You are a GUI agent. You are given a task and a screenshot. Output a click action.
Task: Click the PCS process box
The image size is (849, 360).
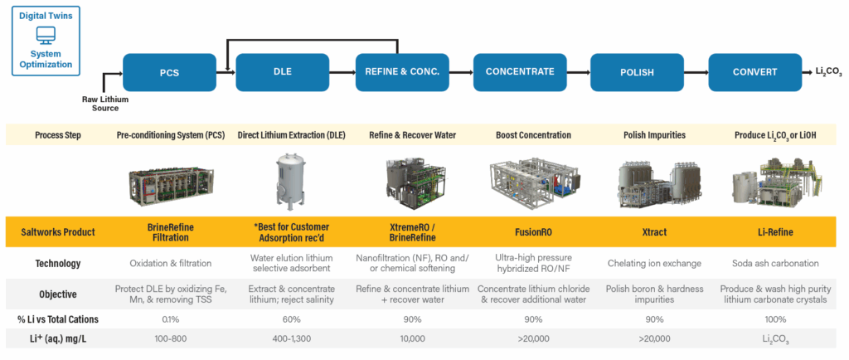pyautogui.click(x=168, y=72)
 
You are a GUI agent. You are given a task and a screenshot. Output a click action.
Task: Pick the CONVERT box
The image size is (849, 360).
pyautogui.click(x=754, y=72)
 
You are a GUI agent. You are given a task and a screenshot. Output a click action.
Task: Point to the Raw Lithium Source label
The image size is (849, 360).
pyautogui.click(x=105, y=103)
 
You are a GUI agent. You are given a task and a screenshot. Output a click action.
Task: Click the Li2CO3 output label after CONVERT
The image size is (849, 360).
pyautogui.click(x=827, y=73)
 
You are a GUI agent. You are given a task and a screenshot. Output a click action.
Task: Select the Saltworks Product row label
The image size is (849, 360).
pyautogui.click(x=57, y=232)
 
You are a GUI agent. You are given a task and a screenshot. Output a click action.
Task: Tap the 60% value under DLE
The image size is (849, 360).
pyautogui.click(x=284, y=319)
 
